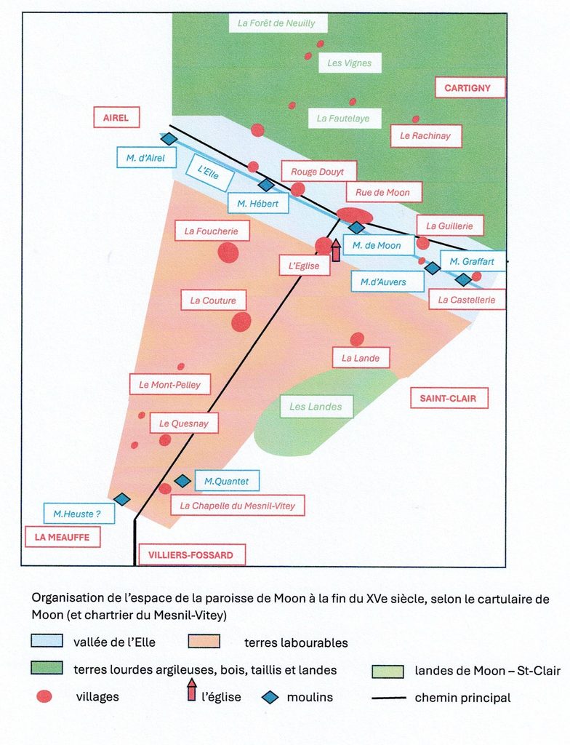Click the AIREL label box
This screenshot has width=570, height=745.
coord(116,117)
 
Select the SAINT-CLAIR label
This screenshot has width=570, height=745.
coord(449,398)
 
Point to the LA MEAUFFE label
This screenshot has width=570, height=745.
coord(63,537)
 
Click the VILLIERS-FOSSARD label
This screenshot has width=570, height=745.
coord(191,554)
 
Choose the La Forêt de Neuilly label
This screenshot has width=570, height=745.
coord(276,23)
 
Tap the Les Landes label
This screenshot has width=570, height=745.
coord(316,407)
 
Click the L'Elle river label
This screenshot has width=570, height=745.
coord(209,172)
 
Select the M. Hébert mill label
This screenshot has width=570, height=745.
coord(258,204)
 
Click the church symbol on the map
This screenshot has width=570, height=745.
coord(336,250)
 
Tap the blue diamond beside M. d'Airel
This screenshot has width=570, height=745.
coord(169,139)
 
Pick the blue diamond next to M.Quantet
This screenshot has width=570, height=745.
coord(182,481)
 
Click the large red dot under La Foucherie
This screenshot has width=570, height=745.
coord(228,252)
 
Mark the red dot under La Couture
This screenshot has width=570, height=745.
coord(241,322)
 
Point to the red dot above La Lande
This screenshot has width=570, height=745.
coord(357,339)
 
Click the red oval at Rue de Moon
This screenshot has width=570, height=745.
coord(354,215)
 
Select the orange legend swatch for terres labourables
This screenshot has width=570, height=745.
coord(204,641)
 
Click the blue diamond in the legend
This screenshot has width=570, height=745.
coord(270,698)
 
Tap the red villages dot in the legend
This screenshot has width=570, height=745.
coord(44,696)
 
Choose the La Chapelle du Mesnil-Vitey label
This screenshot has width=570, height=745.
coord(238,506)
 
